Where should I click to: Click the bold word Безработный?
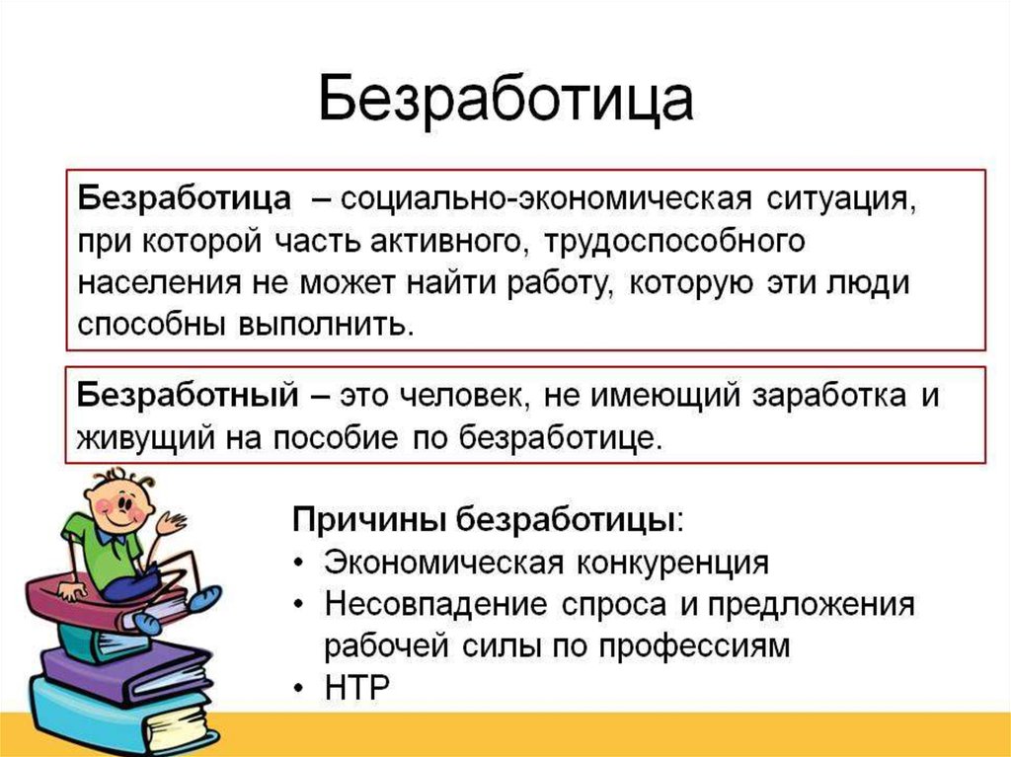189,395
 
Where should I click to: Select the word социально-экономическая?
546,198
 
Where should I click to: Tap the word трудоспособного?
674,242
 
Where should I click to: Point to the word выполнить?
324,324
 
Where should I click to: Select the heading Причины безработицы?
486,519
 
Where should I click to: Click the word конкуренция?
672,563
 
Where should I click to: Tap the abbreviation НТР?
357,687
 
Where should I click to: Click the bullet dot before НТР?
298,688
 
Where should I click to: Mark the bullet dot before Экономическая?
298,563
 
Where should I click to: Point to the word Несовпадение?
435,605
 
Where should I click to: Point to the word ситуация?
841,199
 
